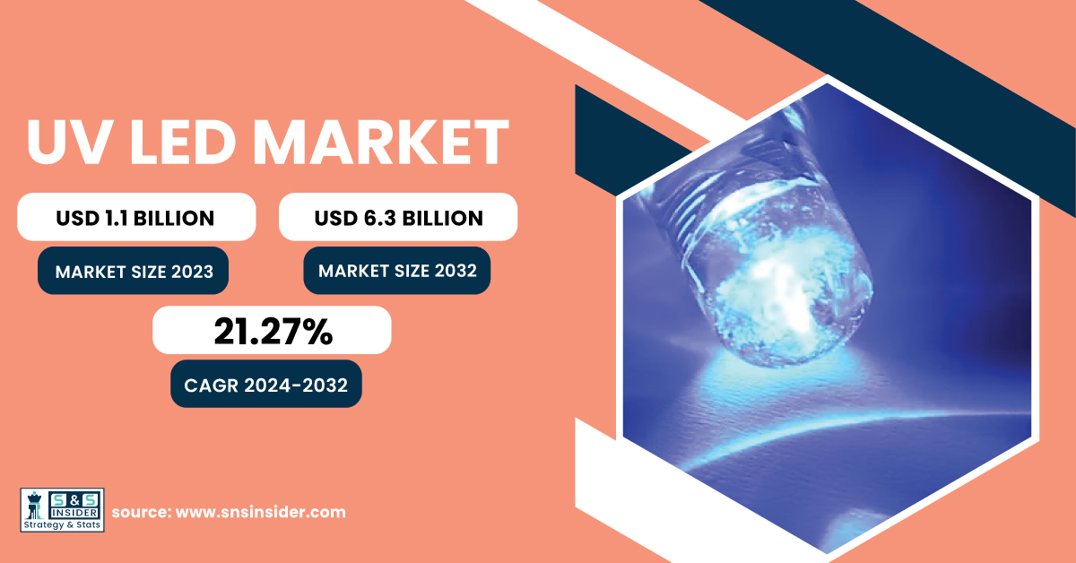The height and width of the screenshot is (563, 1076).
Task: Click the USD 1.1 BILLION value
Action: pos(135,218)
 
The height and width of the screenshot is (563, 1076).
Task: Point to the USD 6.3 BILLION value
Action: pos(399,218)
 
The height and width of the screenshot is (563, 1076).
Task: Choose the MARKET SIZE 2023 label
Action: pos(134,272)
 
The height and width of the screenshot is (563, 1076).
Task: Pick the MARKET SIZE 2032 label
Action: pos(398,271)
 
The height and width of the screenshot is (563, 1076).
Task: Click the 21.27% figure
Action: pos(273,332)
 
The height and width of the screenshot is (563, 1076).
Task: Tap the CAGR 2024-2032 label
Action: pos(265,385)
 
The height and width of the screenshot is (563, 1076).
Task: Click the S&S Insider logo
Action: pos(63,510)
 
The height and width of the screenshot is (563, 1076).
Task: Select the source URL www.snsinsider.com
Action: pos(261,512)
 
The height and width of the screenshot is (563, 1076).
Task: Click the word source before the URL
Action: pos(143,512)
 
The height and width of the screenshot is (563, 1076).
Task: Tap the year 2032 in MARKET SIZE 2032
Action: pos(456,271)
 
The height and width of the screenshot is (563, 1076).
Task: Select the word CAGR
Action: pos(212,385)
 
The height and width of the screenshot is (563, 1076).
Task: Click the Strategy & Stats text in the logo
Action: pos(63,524)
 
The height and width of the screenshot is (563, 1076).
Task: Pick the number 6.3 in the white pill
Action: pos(380,218)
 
